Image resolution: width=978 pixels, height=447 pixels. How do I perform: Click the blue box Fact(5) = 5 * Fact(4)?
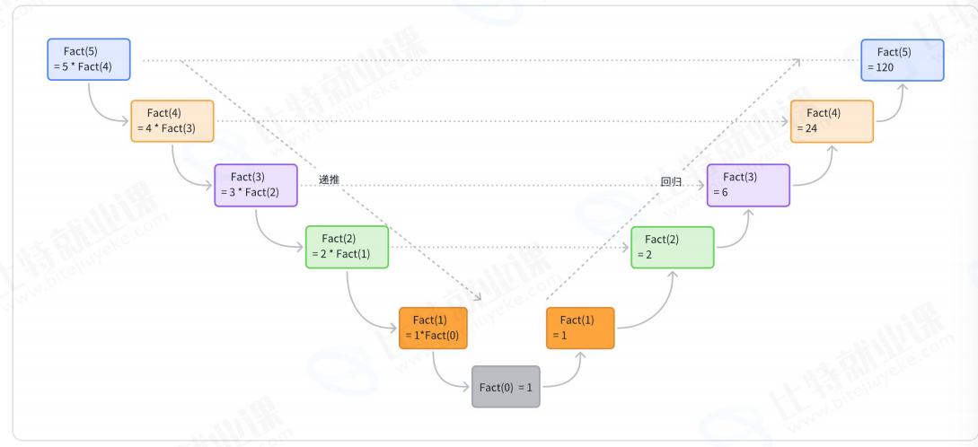click(x=89, y=59)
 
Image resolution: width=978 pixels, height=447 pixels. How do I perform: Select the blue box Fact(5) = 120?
click(x=903, y=60)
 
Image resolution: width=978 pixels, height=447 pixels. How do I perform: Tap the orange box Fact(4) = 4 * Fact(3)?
click(x=172, y=121)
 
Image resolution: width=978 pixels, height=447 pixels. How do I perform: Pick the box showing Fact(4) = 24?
click(x=832, y=121)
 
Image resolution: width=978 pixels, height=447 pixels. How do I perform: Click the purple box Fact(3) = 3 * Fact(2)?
click(x=256, y=185)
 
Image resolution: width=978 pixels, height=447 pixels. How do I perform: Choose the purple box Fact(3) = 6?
click(x=748, y=185)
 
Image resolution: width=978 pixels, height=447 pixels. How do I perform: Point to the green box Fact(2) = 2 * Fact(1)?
click(x=347, y=247)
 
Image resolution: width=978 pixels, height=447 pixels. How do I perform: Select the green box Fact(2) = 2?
click(x=673, y=248)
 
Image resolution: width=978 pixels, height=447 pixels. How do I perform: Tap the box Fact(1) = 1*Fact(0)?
click(x=433, y=328)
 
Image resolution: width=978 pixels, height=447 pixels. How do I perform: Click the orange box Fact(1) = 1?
click(x=580, y=328)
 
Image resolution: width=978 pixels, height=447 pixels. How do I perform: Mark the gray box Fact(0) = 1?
click(x=506, y=387)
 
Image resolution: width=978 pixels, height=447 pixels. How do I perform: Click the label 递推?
click(x=329, y=180)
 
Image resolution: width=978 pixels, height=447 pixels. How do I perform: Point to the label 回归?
click(x=671, y=182)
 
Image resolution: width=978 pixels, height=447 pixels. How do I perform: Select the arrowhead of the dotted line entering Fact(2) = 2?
click(x=626, y=248)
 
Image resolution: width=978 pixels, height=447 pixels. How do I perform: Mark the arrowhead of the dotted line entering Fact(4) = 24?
click(x=786, y=121)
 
